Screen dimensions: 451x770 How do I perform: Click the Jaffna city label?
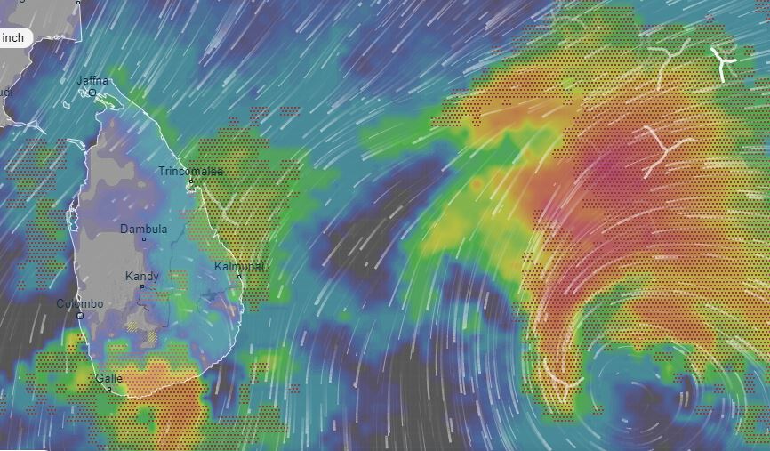tap(92, 81)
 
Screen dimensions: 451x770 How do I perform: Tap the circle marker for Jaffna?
tap(92, 92)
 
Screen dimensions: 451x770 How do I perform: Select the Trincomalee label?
tap(190, 171)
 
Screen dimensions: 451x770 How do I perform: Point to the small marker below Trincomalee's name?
tap(190, 181)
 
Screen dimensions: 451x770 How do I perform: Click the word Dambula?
tap(143, 229)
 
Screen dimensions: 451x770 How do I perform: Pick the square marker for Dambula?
tap(144, 239)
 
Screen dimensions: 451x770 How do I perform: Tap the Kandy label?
tap(142, 277)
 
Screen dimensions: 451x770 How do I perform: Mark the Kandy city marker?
tap(141, 286)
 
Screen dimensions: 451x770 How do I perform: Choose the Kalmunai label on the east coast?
tap(238, 266)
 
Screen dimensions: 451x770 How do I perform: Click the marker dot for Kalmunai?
tap(239, 276)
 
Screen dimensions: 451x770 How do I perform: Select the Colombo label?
tap(80, 304)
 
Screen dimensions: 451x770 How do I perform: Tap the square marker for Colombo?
tap(80, 315)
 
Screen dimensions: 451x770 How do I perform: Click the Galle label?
tap(108, 378)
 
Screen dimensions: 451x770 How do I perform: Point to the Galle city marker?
tap(109, 389)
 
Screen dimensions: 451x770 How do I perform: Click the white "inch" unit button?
tap(14, 37)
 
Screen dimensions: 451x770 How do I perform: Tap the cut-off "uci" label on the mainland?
tap(5, 92)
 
